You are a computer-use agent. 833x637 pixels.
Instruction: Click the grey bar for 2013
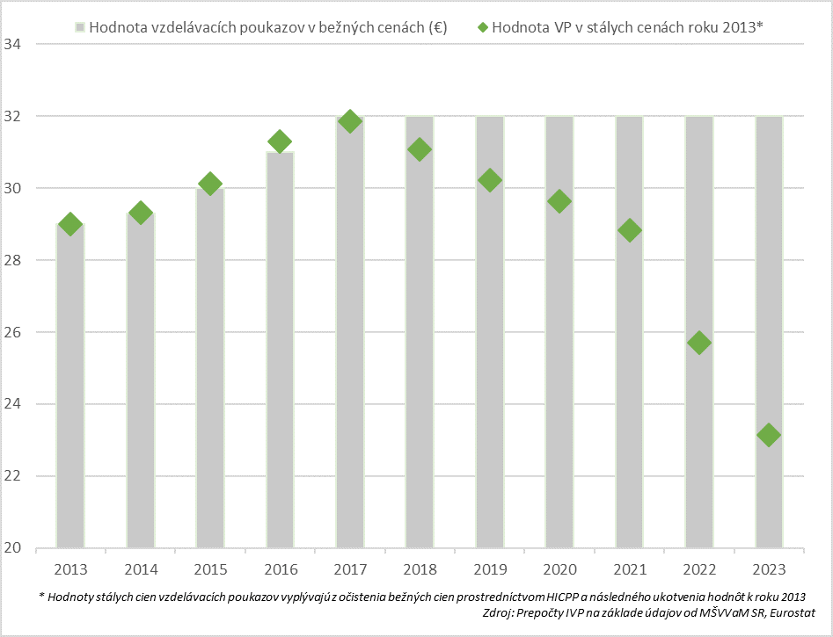tap(70, 387)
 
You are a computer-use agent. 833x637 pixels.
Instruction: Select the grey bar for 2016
tap(280, 351)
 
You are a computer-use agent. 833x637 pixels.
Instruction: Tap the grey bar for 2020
tap(559, 334)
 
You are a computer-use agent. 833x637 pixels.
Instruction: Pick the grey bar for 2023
tap(769, 334)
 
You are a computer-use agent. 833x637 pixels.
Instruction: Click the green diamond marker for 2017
tap(350, 121)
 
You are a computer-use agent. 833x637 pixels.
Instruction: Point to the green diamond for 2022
tap(699, 343)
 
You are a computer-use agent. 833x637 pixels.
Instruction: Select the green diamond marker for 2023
tap(769, 435)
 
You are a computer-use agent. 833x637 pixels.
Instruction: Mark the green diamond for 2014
tap(140, 213)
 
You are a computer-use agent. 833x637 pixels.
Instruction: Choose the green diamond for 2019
tap(490, 180)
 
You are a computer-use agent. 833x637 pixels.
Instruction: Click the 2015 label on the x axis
tap(210, 568)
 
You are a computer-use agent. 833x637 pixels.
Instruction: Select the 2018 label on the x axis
tap(420, 568)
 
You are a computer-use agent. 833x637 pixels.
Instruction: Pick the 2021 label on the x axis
tap(629, 568)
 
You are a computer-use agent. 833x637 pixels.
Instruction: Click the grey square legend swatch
tap(79, 27)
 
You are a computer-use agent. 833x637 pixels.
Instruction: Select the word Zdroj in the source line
tap(501, 612)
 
